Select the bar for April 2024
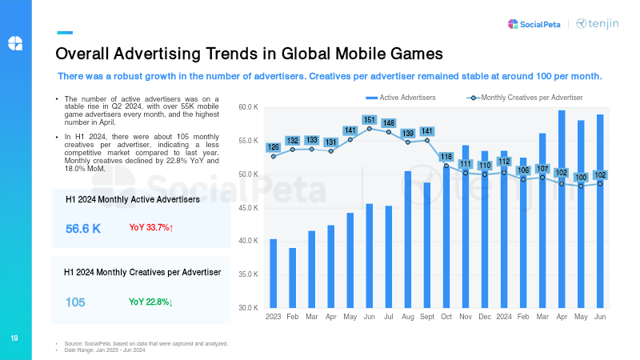pos(562,209)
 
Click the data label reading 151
pos(369,120)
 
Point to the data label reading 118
pos(446,156)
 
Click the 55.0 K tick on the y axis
pos(248,141)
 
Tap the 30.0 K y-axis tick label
pos(248,308)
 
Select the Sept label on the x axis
pos(426,318)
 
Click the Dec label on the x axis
pos(485,318)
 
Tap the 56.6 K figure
pos(83,229)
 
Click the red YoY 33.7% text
pos(151,228)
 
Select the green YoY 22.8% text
pos(151,302)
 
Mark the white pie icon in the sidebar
pos(15,42)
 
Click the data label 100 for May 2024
pos(581,177)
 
